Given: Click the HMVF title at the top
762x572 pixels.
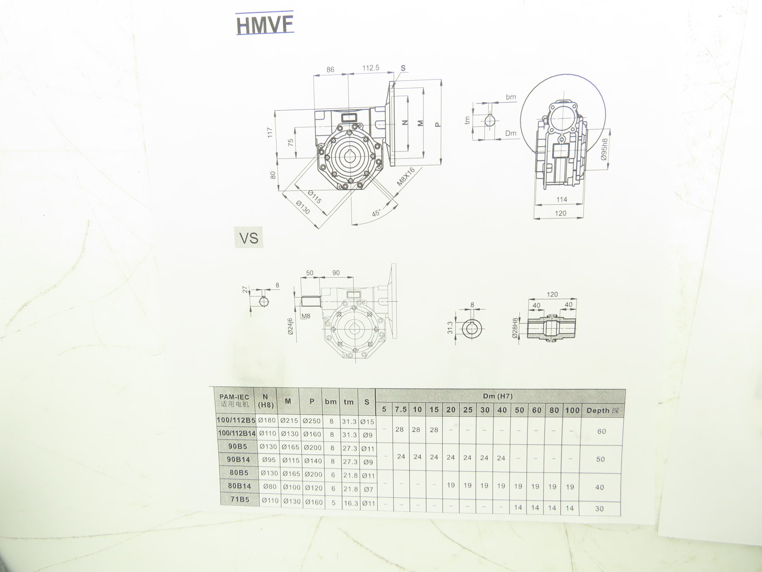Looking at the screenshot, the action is pyautogui.click(x=265, y=24).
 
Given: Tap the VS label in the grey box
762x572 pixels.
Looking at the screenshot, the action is pyautogui.click(x=249, y=238).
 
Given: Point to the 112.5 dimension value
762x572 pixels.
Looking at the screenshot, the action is pyautogui.click(x=370, y=68).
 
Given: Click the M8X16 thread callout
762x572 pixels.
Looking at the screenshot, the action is pyautogui.click(x=406, y=177).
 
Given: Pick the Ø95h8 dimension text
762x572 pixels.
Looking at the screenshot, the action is pyautogui.click(x=604, y=149).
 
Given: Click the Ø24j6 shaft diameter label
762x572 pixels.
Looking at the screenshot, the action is pyautogui.click(x=290, y=326).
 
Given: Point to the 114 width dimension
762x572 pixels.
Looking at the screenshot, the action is pyautogui.click(x=562, y=199).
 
